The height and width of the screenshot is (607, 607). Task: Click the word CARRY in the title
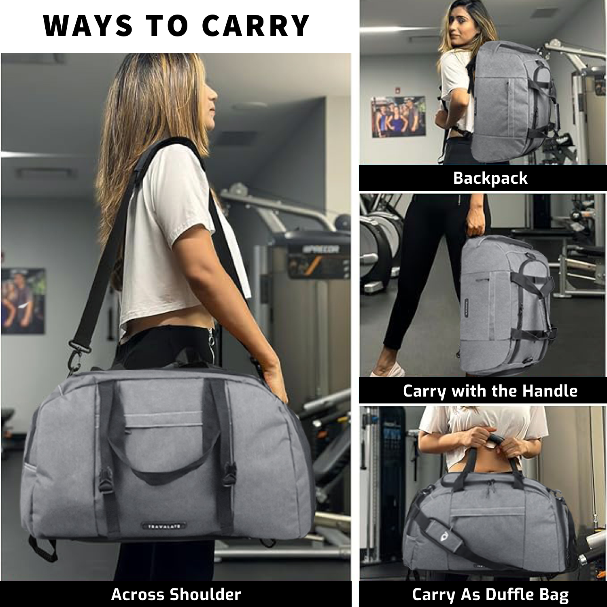coord(256,26)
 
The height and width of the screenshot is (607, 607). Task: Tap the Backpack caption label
coord(490,178)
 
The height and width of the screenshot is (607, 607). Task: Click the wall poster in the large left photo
coord(23,301)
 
